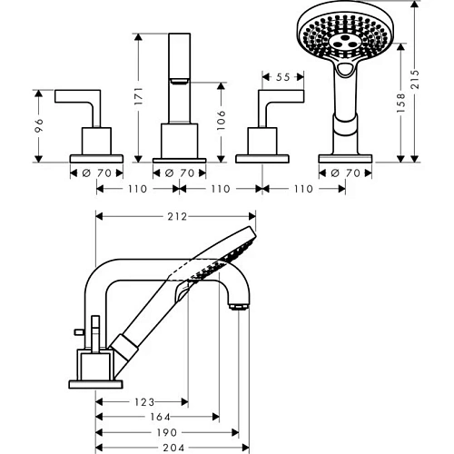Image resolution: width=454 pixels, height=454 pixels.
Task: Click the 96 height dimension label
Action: (39, 125)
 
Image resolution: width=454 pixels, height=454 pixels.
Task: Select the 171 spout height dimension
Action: (138, 96)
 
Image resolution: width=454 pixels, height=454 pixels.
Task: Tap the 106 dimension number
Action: (222, 120)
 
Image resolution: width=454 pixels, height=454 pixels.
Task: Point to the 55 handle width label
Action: (283, 77)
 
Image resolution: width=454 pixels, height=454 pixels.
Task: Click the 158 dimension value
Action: (400, 103)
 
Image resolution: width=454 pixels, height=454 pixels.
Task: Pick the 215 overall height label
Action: (415, 79)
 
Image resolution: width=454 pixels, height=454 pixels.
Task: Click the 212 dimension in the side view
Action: (177, 217)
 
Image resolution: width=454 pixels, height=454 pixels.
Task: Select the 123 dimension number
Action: (144, 402)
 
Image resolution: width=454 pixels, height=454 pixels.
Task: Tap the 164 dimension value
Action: (160, 417)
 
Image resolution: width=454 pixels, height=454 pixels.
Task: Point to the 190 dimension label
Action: (167, 432)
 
